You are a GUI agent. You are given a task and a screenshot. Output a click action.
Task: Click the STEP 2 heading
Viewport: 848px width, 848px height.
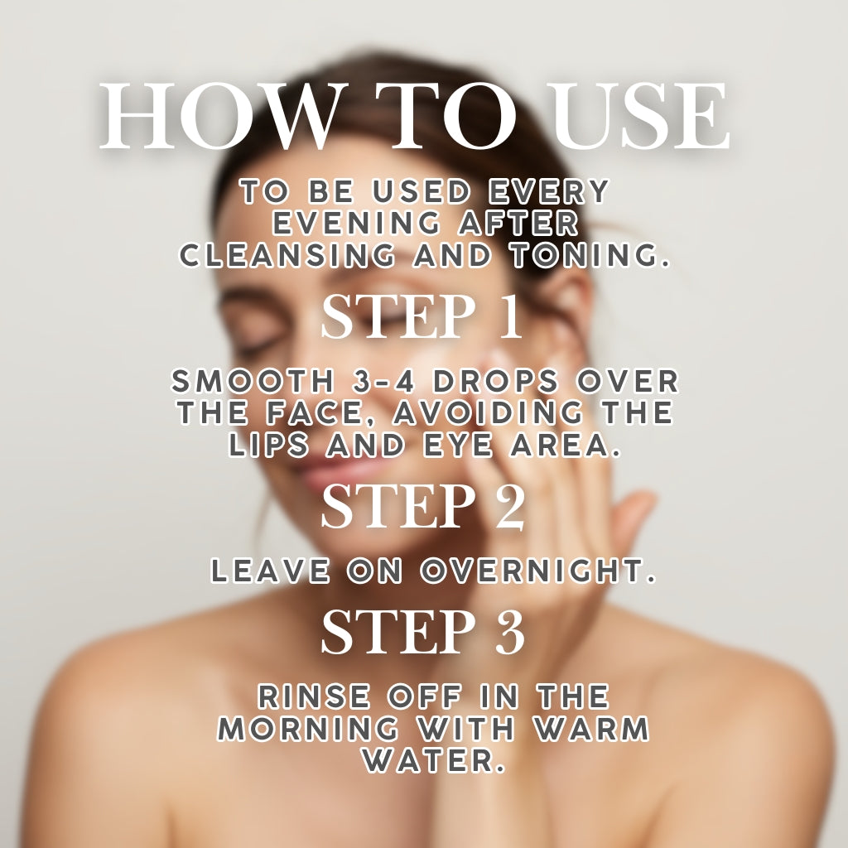click(423, 507)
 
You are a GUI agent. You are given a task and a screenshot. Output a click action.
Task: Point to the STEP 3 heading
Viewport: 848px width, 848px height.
click(423, 633)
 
